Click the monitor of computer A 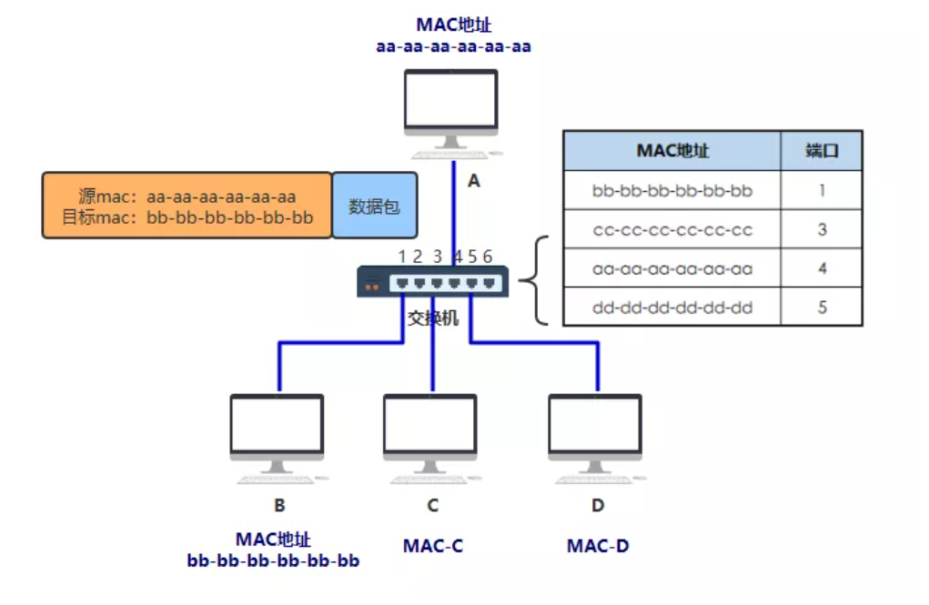pyautogui.click(x=451, y=102)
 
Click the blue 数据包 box pyautogui.click(x=374, y=207)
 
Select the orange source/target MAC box pyautogui.click(x=187, y=207)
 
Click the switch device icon pyautogui.click(x=432, y=282)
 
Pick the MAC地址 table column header pyautogui.click(x=672, y=151)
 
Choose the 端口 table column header pyautogui.click(x=822, y=151)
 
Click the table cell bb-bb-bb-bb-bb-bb pyautogui.click(x=672, y=191)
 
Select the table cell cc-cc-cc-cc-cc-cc pyautogui.click(x=672, y=230)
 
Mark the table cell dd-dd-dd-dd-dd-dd pyautogui.click(x=672, y=308)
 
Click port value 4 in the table pyautogui.click(x=822, y=269)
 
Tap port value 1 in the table pyautogui.click(x=822, y=191)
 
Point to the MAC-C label pyautogui.click(x=432, y=546)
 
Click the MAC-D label pyautogui.click(x=598, y=546)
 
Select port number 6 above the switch pyautogui.click(x=488, y=257)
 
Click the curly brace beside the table pyautogui.click(x=540, y=281)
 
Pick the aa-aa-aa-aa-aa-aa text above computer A pyautogui.click(x=453, y=46)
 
